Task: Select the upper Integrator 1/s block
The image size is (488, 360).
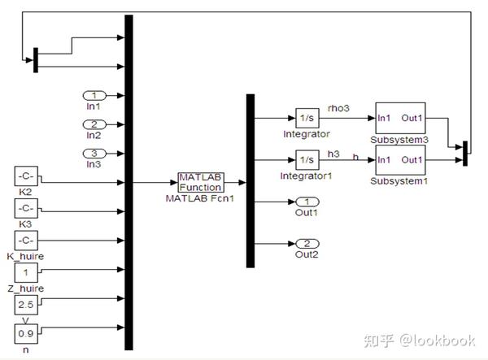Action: [x=306, y=118]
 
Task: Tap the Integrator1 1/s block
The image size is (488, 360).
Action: [x=306, y=159]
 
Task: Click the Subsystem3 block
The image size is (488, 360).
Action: [x=400, y=118]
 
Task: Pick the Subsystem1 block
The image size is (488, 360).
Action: [x=400, y=159]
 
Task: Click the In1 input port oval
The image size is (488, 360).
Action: [x=94, y=95]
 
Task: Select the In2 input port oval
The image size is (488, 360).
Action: [x=94, y=124]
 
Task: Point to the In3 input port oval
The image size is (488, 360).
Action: [x=94, y=153]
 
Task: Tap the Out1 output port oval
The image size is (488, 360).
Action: [x=307, y=202]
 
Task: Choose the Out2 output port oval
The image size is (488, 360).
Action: [x=307, y=243]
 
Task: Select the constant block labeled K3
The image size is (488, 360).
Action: [x=26, y=208]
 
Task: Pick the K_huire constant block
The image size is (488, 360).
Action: [x=26, y=241]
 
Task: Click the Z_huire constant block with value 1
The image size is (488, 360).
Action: [x=26, y=273]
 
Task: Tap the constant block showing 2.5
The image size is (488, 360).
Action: [x=26, y=305]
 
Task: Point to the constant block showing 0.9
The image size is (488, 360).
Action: [x=26, y=332]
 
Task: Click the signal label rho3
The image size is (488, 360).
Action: [x=338, y=108]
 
